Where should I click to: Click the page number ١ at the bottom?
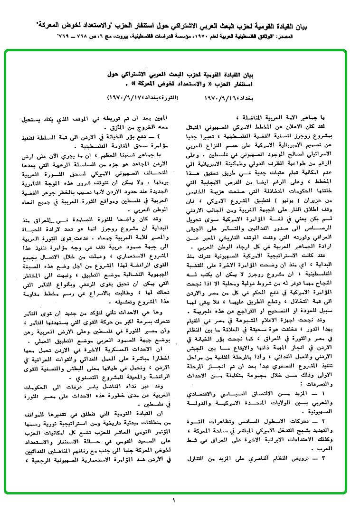point(174,500)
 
